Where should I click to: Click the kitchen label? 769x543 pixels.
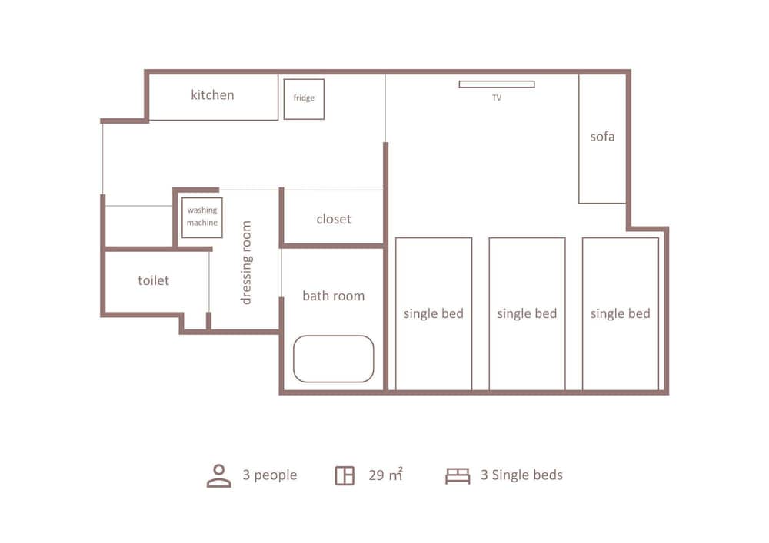point(212,95)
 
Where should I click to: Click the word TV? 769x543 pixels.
point(497,98)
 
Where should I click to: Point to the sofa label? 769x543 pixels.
point(602,137)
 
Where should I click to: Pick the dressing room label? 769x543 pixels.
point(246,263)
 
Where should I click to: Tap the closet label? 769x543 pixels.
point(334,219)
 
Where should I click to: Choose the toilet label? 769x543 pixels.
point(154,280)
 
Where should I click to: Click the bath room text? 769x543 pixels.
point(334,296)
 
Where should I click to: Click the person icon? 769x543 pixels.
point(218,476)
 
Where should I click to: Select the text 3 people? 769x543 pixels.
point(270,475)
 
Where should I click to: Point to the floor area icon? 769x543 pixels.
point(345,475)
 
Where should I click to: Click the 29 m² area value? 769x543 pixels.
point(385,475)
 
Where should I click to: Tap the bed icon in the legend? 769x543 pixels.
point(458,476)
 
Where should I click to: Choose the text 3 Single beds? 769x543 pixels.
point(521,475)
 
